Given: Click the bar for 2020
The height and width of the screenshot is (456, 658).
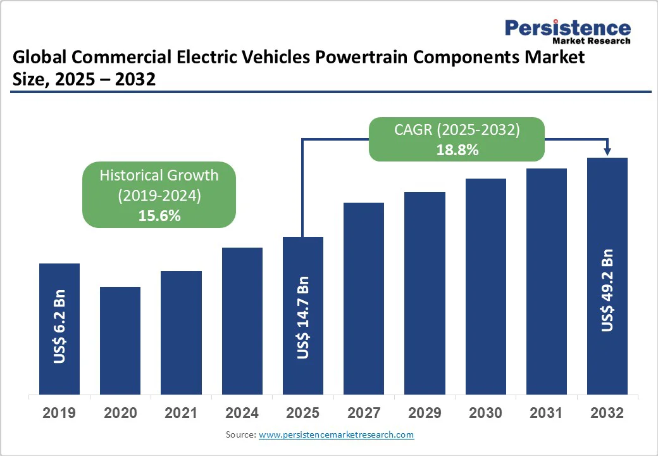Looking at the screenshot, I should [120, 340].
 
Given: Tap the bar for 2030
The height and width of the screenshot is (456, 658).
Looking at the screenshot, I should [486, 286].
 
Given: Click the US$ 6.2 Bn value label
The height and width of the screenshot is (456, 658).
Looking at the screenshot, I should [59, 327].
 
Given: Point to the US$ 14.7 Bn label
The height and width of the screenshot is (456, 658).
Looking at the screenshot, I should [303, 318].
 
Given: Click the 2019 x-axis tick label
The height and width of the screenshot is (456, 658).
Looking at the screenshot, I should [59, 414].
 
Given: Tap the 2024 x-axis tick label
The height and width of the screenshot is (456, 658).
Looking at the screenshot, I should [242, 414].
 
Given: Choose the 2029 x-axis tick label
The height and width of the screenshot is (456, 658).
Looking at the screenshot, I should [425, 414].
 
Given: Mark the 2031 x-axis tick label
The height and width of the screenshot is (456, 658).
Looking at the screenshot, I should [546, 414].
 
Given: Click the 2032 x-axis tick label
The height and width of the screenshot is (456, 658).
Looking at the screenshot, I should [607, 414].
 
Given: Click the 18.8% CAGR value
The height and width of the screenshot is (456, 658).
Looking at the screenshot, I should [457, 150].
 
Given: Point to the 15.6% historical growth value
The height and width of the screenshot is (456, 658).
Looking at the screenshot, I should [159, 215].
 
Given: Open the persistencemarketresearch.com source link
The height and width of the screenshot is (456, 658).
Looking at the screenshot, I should [336, 435].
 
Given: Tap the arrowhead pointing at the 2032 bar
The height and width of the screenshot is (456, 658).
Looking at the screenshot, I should [607, 151].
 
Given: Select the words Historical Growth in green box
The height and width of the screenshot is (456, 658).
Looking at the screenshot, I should [159, 175].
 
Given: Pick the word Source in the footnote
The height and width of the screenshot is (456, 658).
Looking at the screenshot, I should [240, 435].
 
